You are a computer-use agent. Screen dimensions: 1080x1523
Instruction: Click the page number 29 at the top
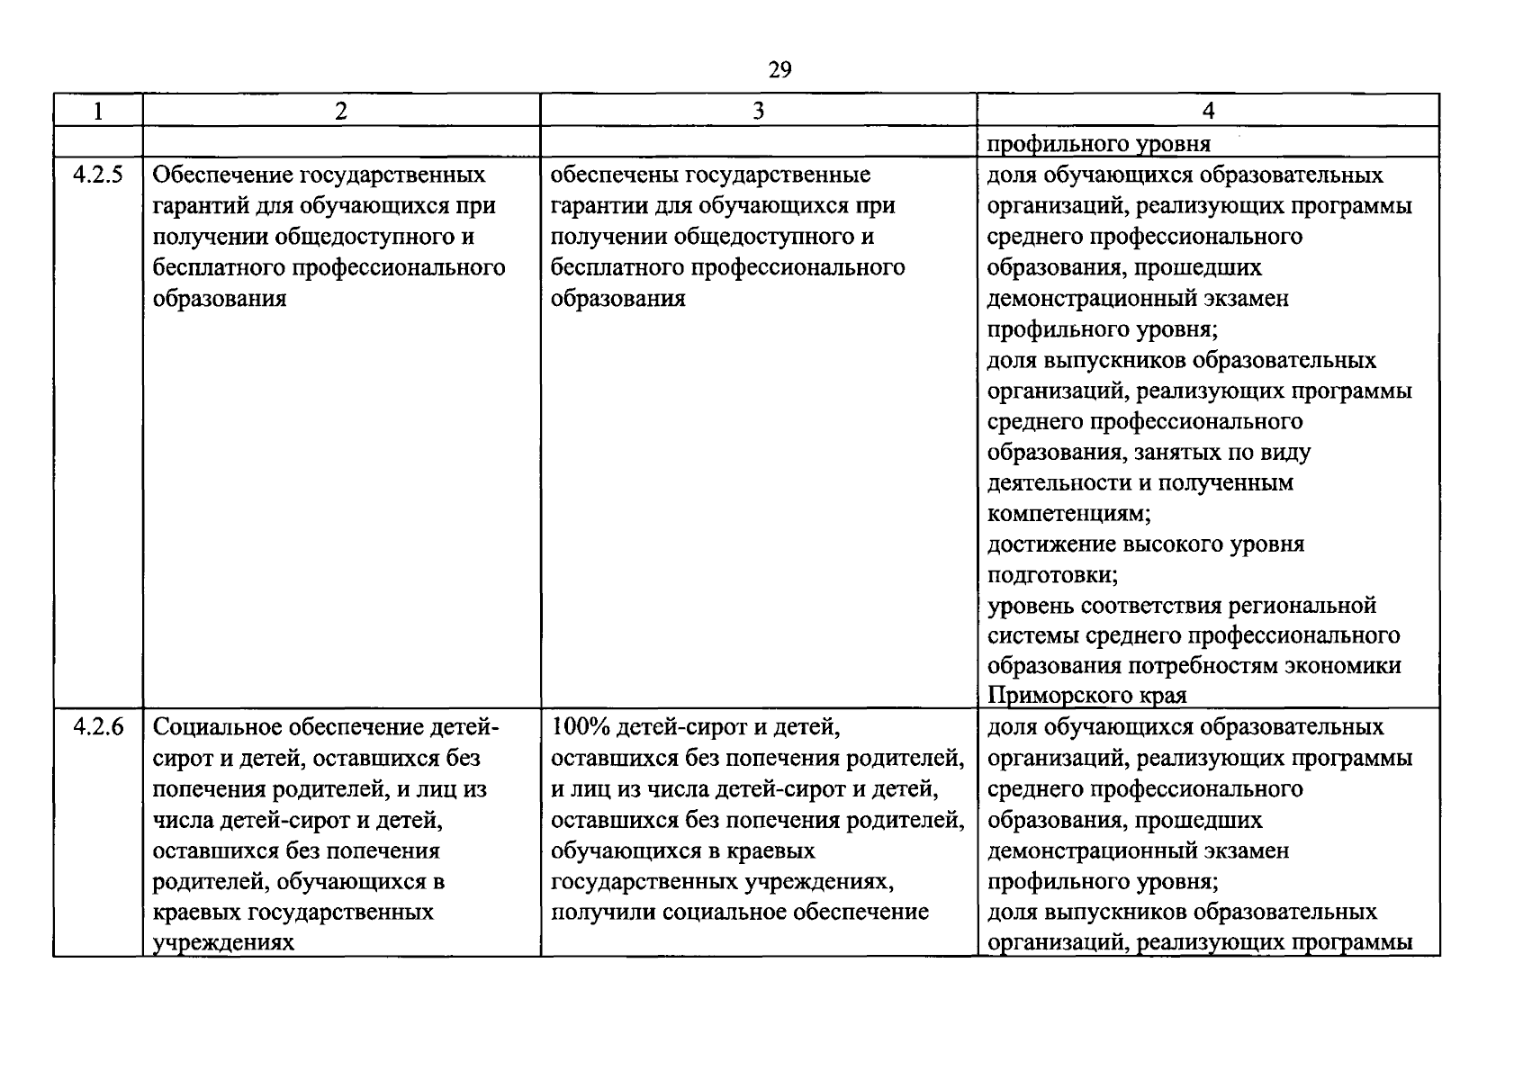[x=780, y=69]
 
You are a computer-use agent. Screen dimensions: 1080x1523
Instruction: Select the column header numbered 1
[x=97, y=111]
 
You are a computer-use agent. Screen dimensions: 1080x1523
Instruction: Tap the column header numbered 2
[x=340, y=111]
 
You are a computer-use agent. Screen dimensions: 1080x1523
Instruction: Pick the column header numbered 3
[x=758, y=111]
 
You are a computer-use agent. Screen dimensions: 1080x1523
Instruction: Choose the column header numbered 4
[x=1208, y=111]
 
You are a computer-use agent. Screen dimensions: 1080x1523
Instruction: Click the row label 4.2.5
[x=97, y=175]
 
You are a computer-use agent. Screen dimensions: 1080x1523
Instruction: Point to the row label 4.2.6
[x=97, y=727]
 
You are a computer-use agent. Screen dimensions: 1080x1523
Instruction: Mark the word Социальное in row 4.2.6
[x=217, y=727]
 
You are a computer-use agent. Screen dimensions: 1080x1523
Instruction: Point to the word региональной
[x=1308, y=606]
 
